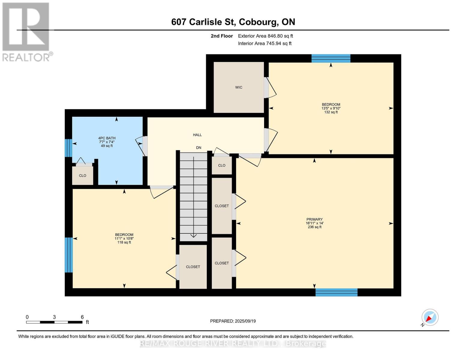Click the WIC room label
[239, 87]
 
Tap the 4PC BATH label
[107, 138]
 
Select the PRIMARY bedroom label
[314, 219]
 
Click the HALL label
[197, 135]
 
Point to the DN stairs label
[199, 148]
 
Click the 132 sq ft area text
[331, 112]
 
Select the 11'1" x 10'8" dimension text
[124, 238]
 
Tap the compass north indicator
[430, 317]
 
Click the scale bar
[54, 322]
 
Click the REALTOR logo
[26, 31]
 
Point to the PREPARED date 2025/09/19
[233, 321]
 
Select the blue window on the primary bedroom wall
[336, 292]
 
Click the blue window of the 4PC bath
[69, 148]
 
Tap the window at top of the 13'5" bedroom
[331, 58]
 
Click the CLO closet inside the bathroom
[83, 175]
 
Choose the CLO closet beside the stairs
[222, 165]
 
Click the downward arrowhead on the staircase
[194, 235]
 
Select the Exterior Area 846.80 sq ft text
[265, 36]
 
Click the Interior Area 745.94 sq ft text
[265, 43]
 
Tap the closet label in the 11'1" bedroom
[193, 267]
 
